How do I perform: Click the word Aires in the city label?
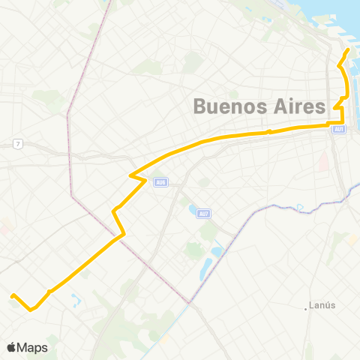pyautogui.click(x=296, y=106)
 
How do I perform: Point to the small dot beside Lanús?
pyautogui.click(x=309, y=306)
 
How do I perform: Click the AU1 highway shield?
pyautogui.click(x=339, y=130)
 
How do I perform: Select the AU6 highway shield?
pyautogui.click(x=159, y=181)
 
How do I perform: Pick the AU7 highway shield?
pyautogui.click(x=202, y=214)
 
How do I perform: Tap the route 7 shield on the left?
pyautogui.click(x=18, y=143)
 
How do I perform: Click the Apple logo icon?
pyautogui.click(x=11, y=347)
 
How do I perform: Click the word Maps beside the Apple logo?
pyautogui.click(x=32, y=347)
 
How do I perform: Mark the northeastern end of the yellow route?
pyautogui.click(x=349, y=50)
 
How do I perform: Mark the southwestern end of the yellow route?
pyautogui.click(x=12, y=295)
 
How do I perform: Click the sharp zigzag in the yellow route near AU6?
pyautogui.click(x=132, y=178)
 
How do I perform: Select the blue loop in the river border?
pyautogui.click(x=298, y=207)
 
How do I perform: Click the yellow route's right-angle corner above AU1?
pyautogui.click(x=343, y=122)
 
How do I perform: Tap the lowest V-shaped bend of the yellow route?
pyautogui.click(x=31, y=309)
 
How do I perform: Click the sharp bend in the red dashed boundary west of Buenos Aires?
pyautogui.click(x=67, y=114)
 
